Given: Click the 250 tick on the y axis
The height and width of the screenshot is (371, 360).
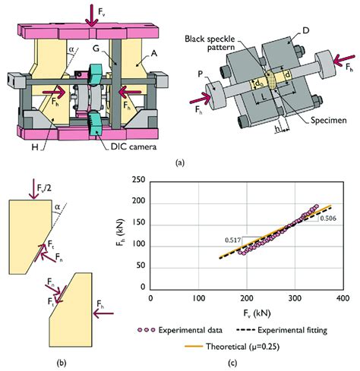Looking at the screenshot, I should [x=138, y=180].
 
